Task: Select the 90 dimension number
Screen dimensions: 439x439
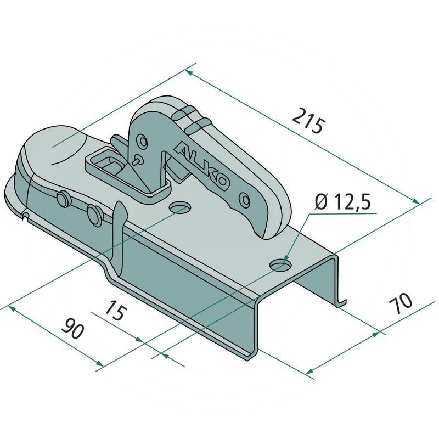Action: (x=72, y=328)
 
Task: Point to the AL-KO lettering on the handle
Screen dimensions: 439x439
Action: (x=201, y=166)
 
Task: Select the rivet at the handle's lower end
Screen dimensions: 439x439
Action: (x=245, y=200)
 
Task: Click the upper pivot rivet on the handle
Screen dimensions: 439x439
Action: (x=143, y=142)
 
